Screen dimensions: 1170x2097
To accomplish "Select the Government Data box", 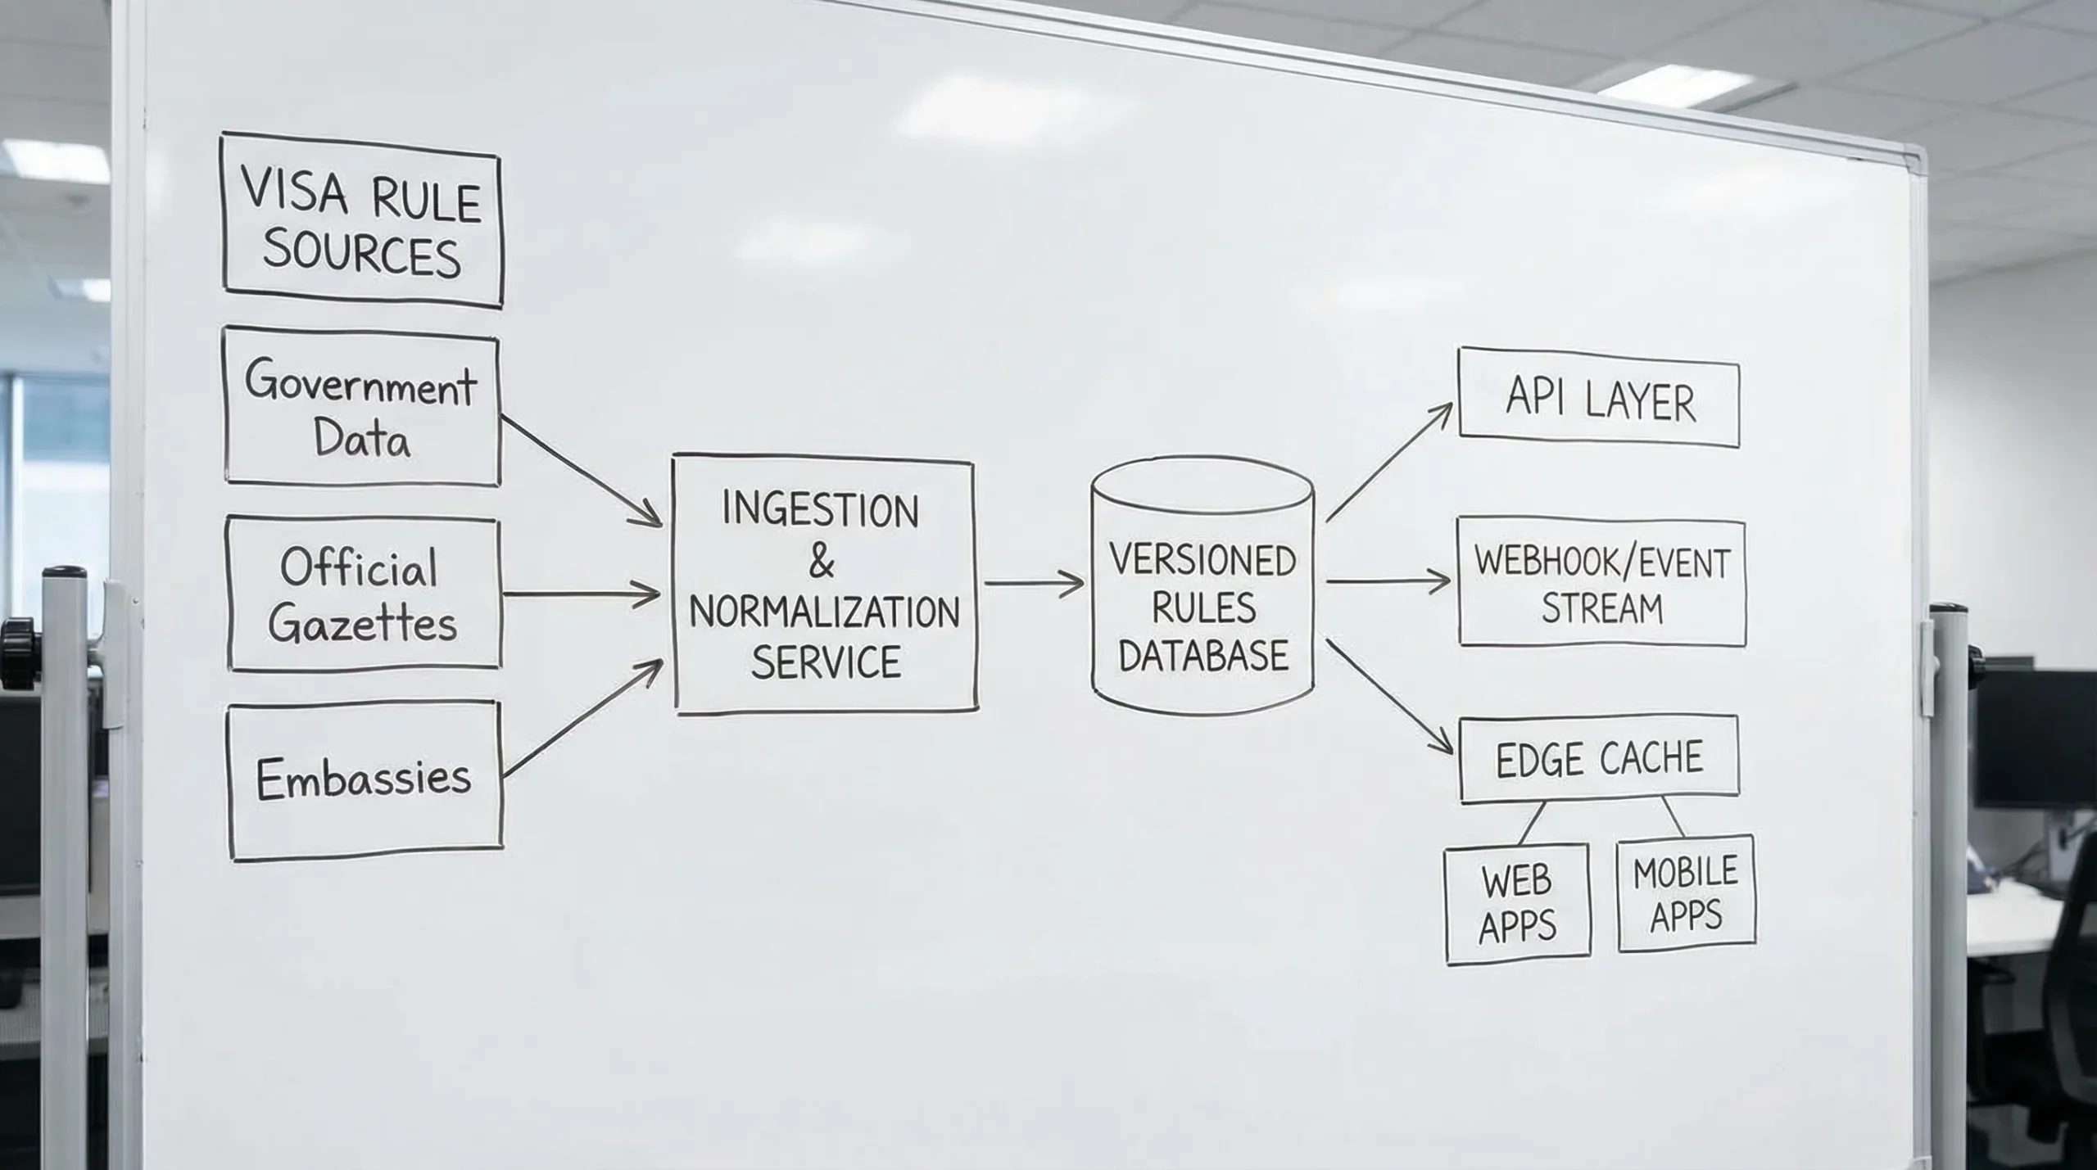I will coord(361,408).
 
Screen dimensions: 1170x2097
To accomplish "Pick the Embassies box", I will coord(365,780).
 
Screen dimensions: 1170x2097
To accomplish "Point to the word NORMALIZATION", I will coord(824,612).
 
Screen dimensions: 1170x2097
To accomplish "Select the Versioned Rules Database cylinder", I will coord(1202,586).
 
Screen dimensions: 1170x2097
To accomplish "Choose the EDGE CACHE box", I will coord(1599,758).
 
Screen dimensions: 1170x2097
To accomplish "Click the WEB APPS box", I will coord(1517,904).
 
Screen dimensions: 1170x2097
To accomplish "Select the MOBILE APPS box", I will coord(1686,895).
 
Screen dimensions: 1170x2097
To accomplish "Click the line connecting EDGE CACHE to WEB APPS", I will coord(1533,822).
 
